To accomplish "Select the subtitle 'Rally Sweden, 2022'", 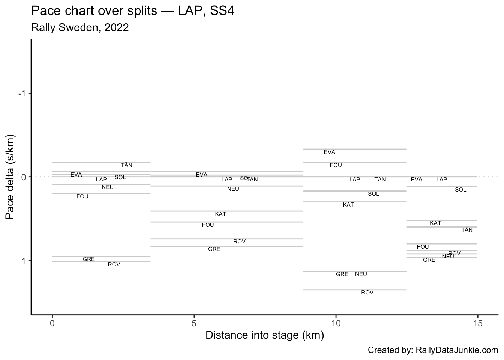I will click(x=80, y=27).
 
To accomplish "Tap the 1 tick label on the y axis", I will click(x=23, y=261).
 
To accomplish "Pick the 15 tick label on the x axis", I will click(x=477, y=323).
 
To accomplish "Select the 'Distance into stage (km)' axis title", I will click(x=264, y=335).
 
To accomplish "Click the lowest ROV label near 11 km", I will click(x=367, y=292).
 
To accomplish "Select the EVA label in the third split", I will click(x=329, y=152).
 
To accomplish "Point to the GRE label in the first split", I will click(x=88, y=259).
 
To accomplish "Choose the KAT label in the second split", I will click(x=220, y=214).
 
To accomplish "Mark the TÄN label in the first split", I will click(x=126, y=165).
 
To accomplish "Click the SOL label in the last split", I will click(x=460, y=190).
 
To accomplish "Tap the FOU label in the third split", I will click(x=336, y=165).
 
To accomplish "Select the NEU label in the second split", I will click(x=233, y=189).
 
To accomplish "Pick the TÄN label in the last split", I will click(x=467, y=230).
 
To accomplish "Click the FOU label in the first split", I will click(x=82, y=196).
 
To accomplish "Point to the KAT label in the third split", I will click(x=348, y=205).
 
